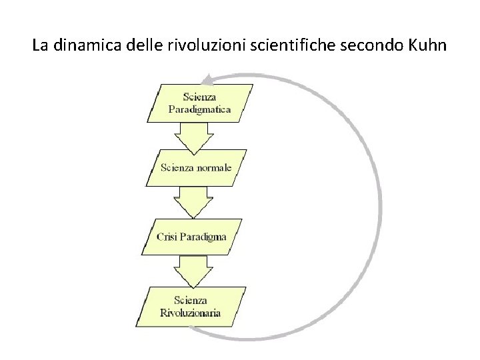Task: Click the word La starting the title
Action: pyautogui.click(x=40, y=47)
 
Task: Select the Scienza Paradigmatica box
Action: pyautogui.click(x=199, y=103)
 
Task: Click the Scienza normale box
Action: pyautogui.click(x=196, y=167)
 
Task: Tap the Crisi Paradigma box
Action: pyautogui.click(x=193, y=237)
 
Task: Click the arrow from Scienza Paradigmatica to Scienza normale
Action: pyautogui.click(x=195, y=138)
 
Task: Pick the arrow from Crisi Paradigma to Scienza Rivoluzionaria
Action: pyautogui.click(x=195, y=271)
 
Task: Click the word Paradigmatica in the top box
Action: pyautogui.click(x=199, y=109)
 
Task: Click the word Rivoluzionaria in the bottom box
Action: pyautogui.click(x=191, y=312)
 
